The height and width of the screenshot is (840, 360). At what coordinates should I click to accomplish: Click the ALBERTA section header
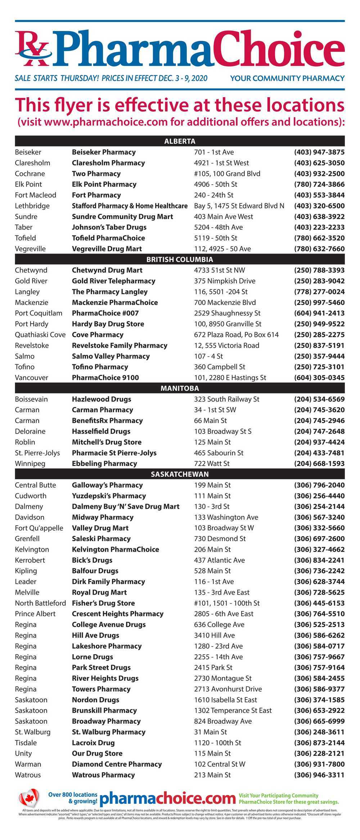pyautogui.click(x=180, y=141)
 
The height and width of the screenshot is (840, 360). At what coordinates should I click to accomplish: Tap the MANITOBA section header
pyautogui.click(x=180, y=388)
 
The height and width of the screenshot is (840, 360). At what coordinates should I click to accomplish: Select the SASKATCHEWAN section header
pyautogui.click(x=180, y=474)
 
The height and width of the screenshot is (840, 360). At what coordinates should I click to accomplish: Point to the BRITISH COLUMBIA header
pyautogui.click(x=180, y=259)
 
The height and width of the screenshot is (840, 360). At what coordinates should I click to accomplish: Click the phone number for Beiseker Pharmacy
pyautogui.click(x=319, y=152)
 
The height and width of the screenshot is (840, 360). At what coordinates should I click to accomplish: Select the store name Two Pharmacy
pyautogui.click(x=96, y=174)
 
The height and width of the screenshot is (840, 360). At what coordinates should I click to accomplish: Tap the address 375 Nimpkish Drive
pyautogui.click(x=225, y=281)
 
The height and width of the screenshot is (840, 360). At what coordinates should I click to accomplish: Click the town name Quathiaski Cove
pyautogui.click(x=40, y=334)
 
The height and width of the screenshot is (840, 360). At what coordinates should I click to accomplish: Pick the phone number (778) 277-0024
pyautogui.click(x=319, y=292)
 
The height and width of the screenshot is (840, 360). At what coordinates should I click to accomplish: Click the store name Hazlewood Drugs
pyautogui.click(x=102, y=399)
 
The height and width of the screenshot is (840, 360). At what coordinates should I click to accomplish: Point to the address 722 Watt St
pyautogui.click(x=212, y=463)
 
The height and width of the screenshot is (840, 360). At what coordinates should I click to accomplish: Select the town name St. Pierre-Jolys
pyautogui.click(x=37, y=453)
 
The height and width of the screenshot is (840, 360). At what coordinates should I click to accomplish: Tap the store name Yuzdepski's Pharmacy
pyautogui.click(x=109, y=496)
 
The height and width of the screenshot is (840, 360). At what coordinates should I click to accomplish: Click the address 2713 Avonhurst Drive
pyautogui.click(x=228, y=689)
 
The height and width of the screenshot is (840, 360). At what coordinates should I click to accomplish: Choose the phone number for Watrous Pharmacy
pyautogui.click(x=319, y=775)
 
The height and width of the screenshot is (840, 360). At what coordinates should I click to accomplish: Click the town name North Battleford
pyautogui.click(x=40, y=603)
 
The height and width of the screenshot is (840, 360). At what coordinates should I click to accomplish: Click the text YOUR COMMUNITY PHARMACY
pyautogui.click(x=287, y=78)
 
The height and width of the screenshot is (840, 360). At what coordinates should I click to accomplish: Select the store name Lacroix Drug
pyautogui.click(x=93, y=742)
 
